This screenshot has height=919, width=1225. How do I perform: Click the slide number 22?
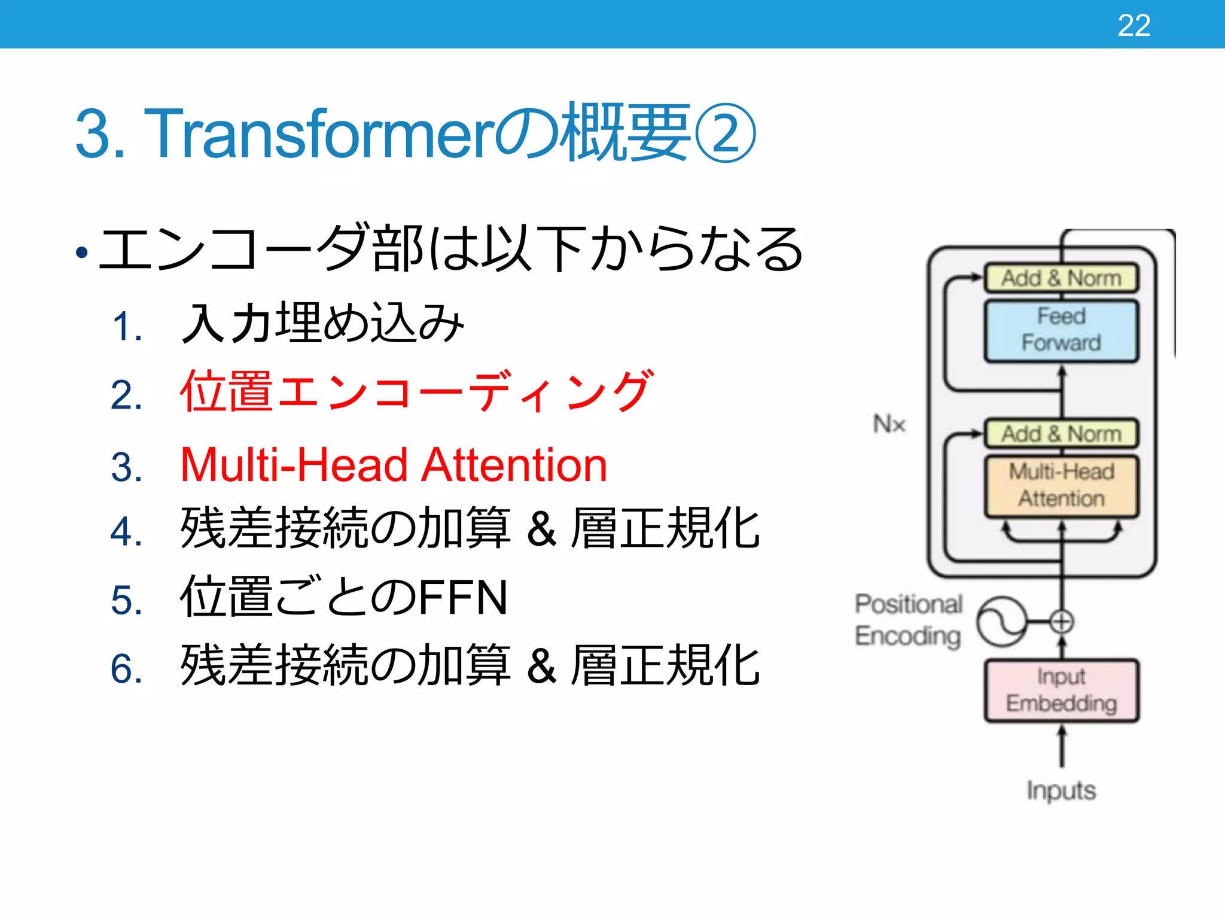point(1133,26)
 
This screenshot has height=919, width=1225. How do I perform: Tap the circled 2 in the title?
point(726,133)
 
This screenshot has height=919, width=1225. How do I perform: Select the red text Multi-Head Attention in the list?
point(394,465)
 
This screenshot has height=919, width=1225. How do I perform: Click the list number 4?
point(126,532)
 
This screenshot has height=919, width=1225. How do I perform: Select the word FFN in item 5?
point(462,598)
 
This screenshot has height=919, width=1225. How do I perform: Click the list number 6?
point(126,669)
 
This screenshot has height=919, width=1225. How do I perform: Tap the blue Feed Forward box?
point(1061,330)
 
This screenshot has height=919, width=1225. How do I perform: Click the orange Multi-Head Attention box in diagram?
point(1061,486)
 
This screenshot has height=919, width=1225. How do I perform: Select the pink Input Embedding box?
point(1061,690)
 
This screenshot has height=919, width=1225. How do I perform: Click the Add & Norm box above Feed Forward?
point(1061,278)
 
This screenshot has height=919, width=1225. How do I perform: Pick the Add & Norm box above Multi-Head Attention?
point(1061,434)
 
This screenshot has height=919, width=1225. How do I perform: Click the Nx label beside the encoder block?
point(889,424)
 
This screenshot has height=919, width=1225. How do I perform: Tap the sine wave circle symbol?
point(1001,622)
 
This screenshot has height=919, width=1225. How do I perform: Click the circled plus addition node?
point(1062,622)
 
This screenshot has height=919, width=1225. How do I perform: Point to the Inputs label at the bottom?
point(1061,790)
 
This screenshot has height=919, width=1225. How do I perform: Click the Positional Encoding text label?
point(908,620)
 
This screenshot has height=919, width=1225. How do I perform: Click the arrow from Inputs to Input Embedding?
point(1062,747)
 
